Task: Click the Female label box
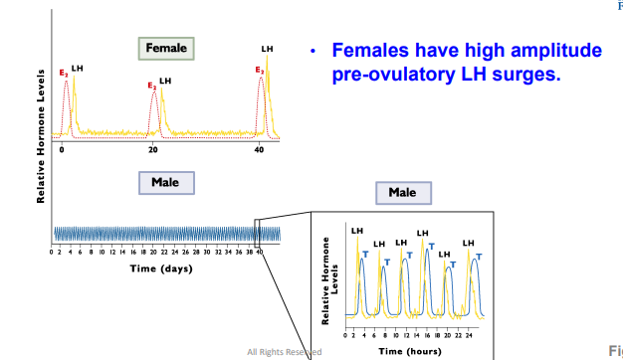pos(166,47)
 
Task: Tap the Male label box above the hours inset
pos(403,192)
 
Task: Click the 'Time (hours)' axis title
pos(413,350)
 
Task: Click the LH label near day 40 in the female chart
pos(267,48)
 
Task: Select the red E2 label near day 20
pos(151,87)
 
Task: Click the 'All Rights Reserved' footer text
pos(284,352)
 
